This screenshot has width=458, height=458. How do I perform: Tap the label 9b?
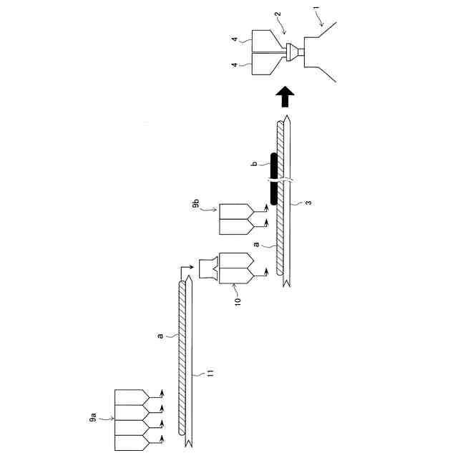pos(196,208)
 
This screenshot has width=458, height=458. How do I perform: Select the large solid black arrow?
pos(285,93)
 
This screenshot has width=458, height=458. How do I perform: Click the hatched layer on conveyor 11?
pos(183,358)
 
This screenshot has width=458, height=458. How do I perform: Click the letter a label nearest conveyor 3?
pos(256,243)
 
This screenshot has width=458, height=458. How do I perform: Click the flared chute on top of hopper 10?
pos(208,268)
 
